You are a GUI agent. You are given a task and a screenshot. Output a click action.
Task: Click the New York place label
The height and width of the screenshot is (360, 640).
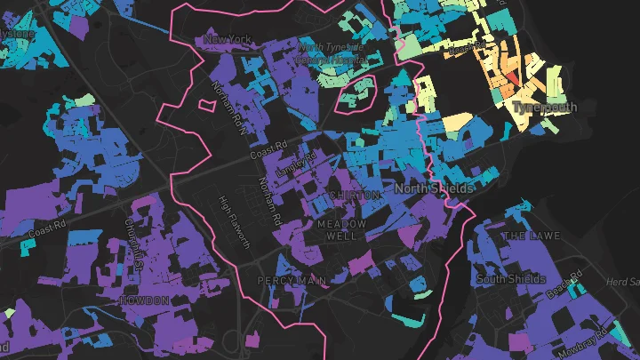pyautogui.click(x=228, y=39)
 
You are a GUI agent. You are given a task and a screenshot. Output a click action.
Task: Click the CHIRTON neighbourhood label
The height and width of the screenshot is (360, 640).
pyautogui.click(x=355, y=195)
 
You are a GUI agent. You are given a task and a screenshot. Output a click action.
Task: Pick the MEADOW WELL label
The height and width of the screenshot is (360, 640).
pyautogui.click(x=340, y=231)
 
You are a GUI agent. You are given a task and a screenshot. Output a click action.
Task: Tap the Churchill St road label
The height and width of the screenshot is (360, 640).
pyautogui.click(x=134, y=244)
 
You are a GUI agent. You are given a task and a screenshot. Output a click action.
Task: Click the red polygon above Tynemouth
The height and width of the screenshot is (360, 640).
pyautogui.click(x=513, y=89)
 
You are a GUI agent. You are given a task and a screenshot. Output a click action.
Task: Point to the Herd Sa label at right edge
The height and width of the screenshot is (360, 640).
pyautogui.click(x=627, y=282)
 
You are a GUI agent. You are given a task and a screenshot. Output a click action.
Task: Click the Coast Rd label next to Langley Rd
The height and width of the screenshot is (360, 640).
pyautogui.click(x=268, y=153)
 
